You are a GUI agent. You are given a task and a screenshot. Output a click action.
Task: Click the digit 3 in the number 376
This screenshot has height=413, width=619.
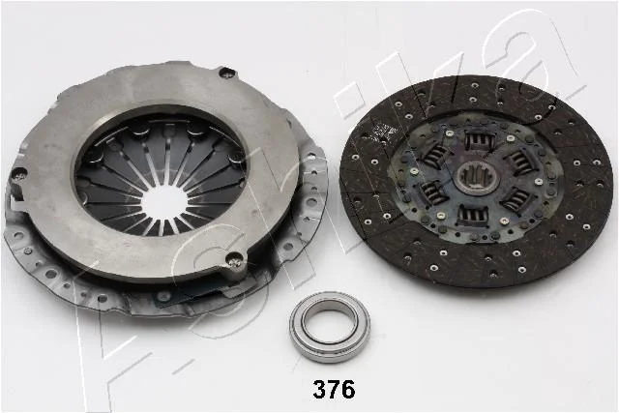tap(319, 390)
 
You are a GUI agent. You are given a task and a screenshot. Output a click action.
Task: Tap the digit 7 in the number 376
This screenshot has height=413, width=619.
tap(334, 390)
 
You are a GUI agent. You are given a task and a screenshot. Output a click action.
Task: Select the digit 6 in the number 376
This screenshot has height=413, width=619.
tap(348, 390)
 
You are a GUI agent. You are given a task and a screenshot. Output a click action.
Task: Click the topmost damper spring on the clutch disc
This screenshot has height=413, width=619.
tap(480, 140)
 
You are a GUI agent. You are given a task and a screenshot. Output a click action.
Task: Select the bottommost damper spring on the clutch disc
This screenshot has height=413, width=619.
tap(473, 216)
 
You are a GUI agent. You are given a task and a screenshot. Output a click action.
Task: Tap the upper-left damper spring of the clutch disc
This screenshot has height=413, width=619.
tap(436, 155)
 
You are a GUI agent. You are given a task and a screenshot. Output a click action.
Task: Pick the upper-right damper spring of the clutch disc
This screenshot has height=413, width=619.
tap(519, 162)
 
